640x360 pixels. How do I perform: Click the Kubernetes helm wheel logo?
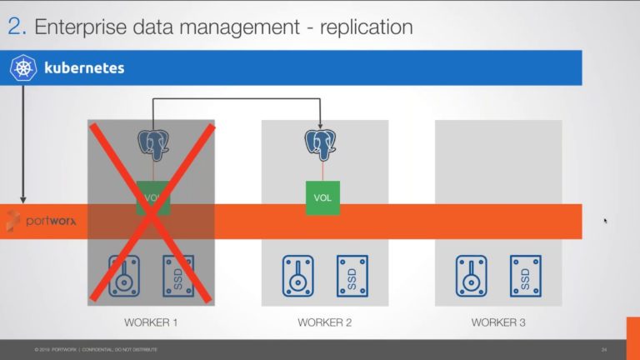pos(23,67)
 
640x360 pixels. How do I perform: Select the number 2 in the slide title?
pos(15,27)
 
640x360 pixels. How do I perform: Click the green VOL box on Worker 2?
pos(322,198)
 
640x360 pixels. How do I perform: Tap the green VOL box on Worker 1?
pos(153,198)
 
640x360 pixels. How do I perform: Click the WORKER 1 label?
pos(151,322)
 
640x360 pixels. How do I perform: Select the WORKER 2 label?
pos(324,322)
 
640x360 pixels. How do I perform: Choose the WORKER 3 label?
pos(498,322)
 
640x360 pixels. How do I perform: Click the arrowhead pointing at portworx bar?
pos(22,200)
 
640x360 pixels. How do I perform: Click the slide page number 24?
pos(603,348)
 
